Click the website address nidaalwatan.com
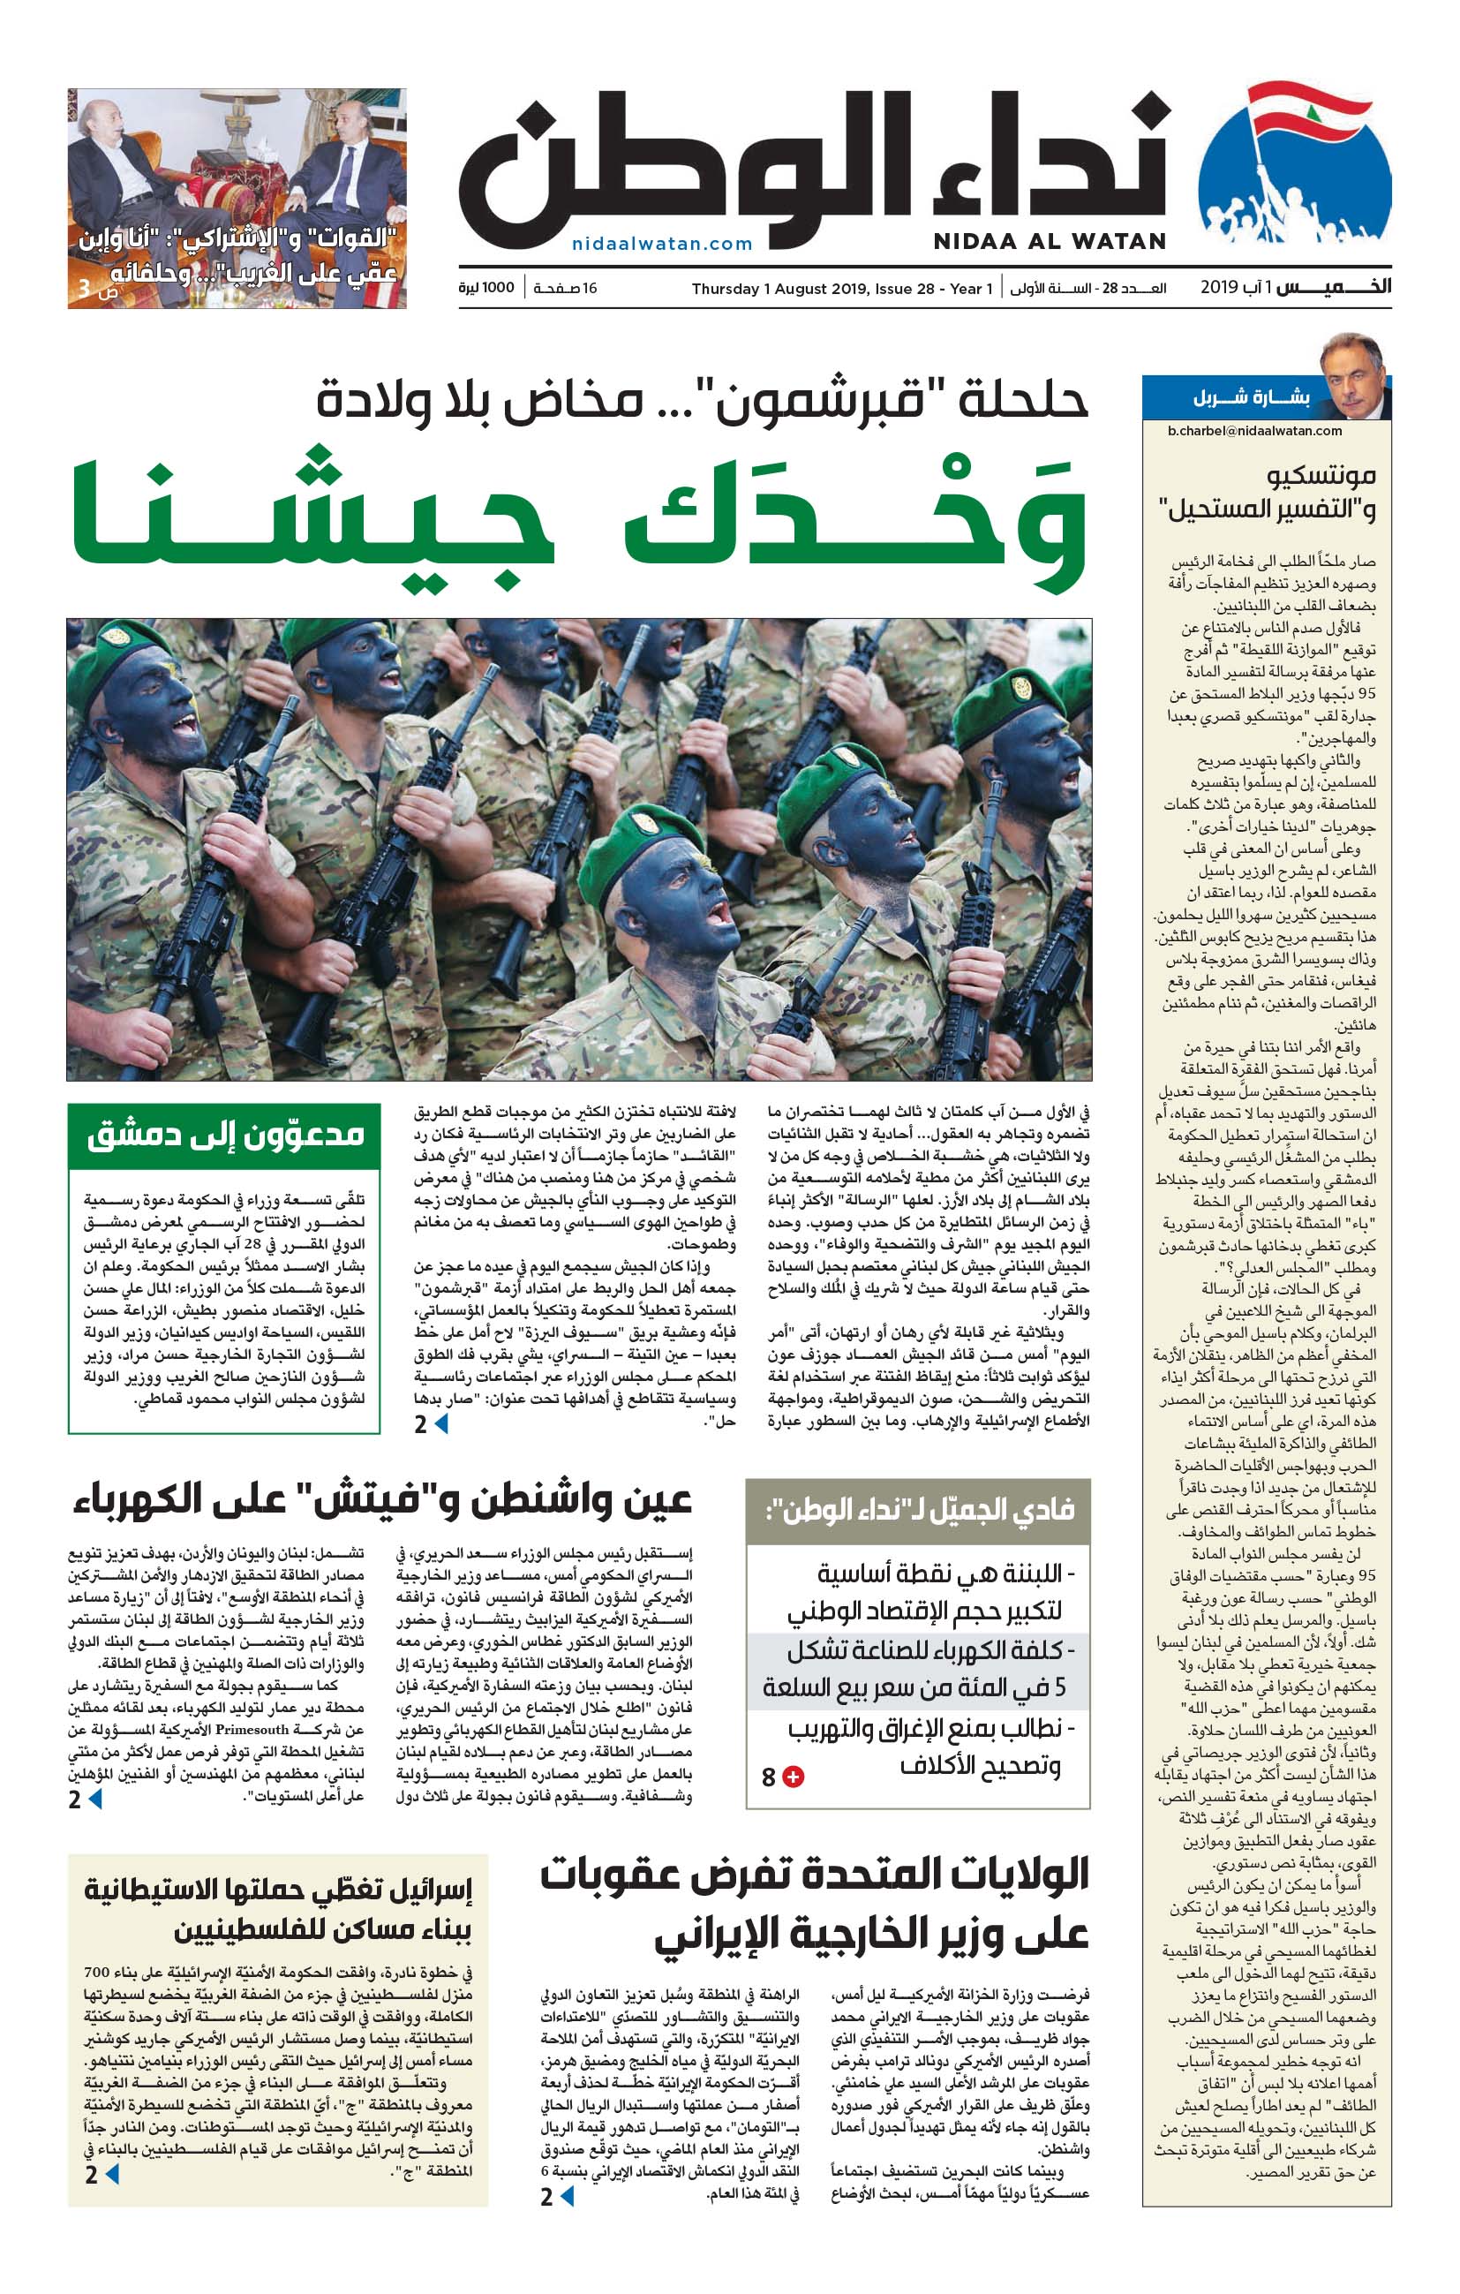pos(662,244)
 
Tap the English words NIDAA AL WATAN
pos(1050,242)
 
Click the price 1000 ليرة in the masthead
pos(485,288)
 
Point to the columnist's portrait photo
pos(1353,376)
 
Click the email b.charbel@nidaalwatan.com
pos(1254,431)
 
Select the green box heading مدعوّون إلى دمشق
pos(225,1136)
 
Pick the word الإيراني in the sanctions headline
pos(734,1935)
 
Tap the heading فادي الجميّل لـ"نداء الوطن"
pos(918,1509)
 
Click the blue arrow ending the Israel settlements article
pos(112,2193)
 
